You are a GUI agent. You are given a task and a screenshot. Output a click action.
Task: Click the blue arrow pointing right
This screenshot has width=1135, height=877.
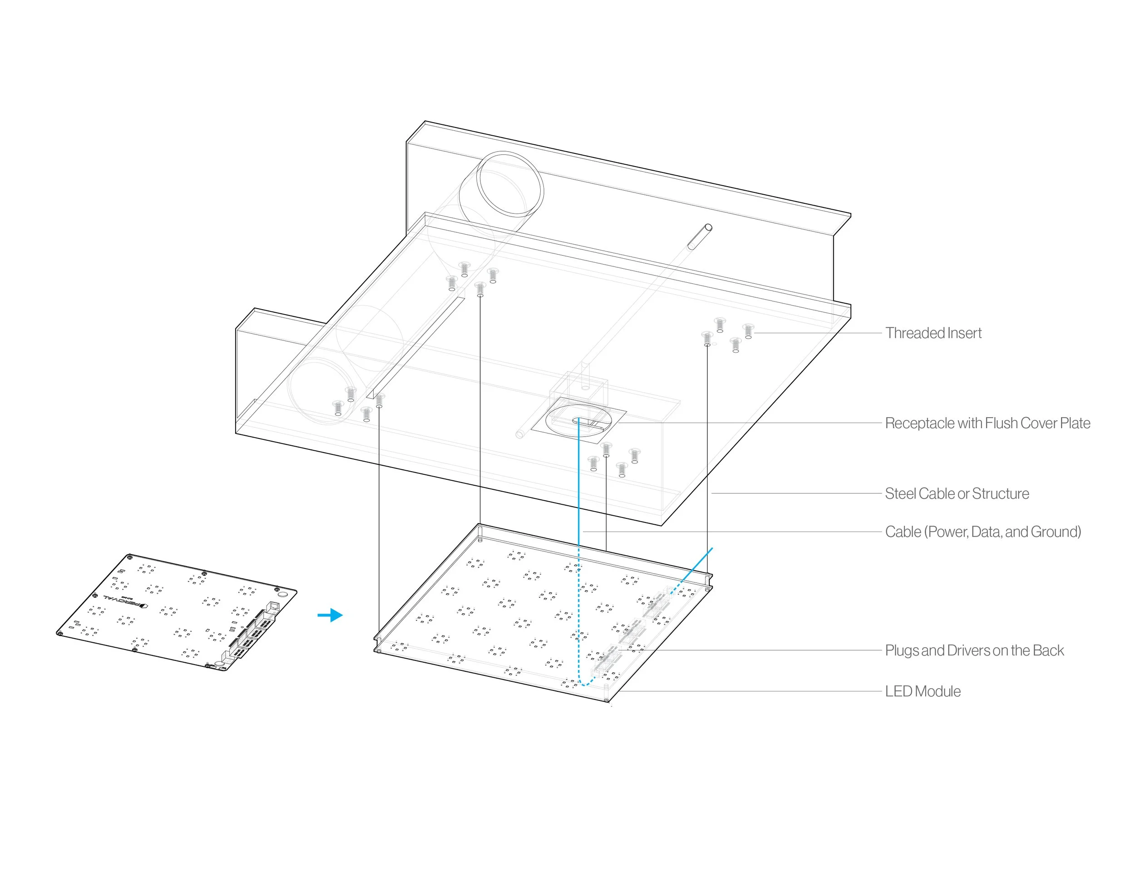tap(331, 615)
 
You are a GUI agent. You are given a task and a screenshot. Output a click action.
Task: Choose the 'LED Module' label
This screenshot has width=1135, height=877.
tap(923, 691)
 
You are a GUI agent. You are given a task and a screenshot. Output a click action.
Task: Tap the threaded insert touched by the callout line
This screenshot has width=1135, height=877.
tap(748, 331)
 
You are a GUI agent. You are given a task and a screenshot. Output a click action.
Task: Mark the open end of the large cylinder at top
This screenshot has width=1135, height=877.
tap(510, 184)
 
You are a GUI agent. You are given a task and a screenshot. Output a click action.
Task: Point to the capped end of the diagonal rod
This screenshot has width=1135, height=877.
tap(708, 227)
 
